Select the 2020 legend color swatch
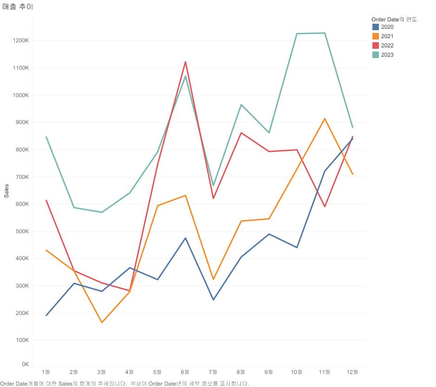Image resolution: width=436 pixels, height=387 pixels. (x=376, y=27)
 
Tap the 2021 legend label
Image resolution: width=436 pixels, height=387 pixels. (x=387, y=36)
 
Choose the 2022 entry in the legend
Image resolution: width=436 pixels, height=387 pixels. (x=387, y=46)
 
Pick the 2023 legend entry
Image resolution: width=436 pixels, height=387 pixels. (x=387, y=55)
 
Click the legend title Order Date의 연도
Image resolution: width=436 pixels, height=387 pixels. (x=394, y=19)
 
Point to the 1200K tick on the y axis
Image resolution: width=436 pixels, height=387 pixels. (x=21, y=40)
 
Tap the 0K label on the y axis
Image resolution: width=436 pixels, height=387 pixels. (x=25, y=364)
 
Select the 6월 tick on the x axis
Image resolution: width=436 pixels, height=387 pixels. (x=185, y=372)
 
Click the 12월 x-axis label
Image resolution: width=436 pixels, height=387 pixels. (x=352, y=372)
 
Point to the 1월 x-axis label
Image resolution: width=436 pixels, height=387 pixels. (x=46, y=372)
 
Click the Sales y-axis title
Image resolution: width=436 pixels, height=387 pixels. (x=7, y=190)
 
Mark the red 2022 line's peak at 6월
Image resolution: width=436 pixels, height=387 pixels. (x=185, y=62)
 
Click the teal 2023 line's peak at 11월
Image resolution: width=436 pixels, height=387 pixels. (x=325, y=33)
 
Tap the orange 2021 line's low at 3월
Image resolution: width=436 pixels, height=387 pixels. (x=102, y=322)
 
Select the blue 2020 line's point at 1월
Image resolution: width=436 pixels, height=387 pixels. (x=46, y=315)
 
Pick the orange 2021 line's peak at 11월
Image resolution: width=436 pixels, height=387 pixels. (x=325, y=118)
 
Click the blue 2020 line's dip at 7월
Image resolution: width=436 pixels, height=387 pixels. (x=213, y=300)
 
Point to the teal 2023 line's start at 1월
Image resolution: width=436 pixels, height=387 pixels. (x=46, y=137)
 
